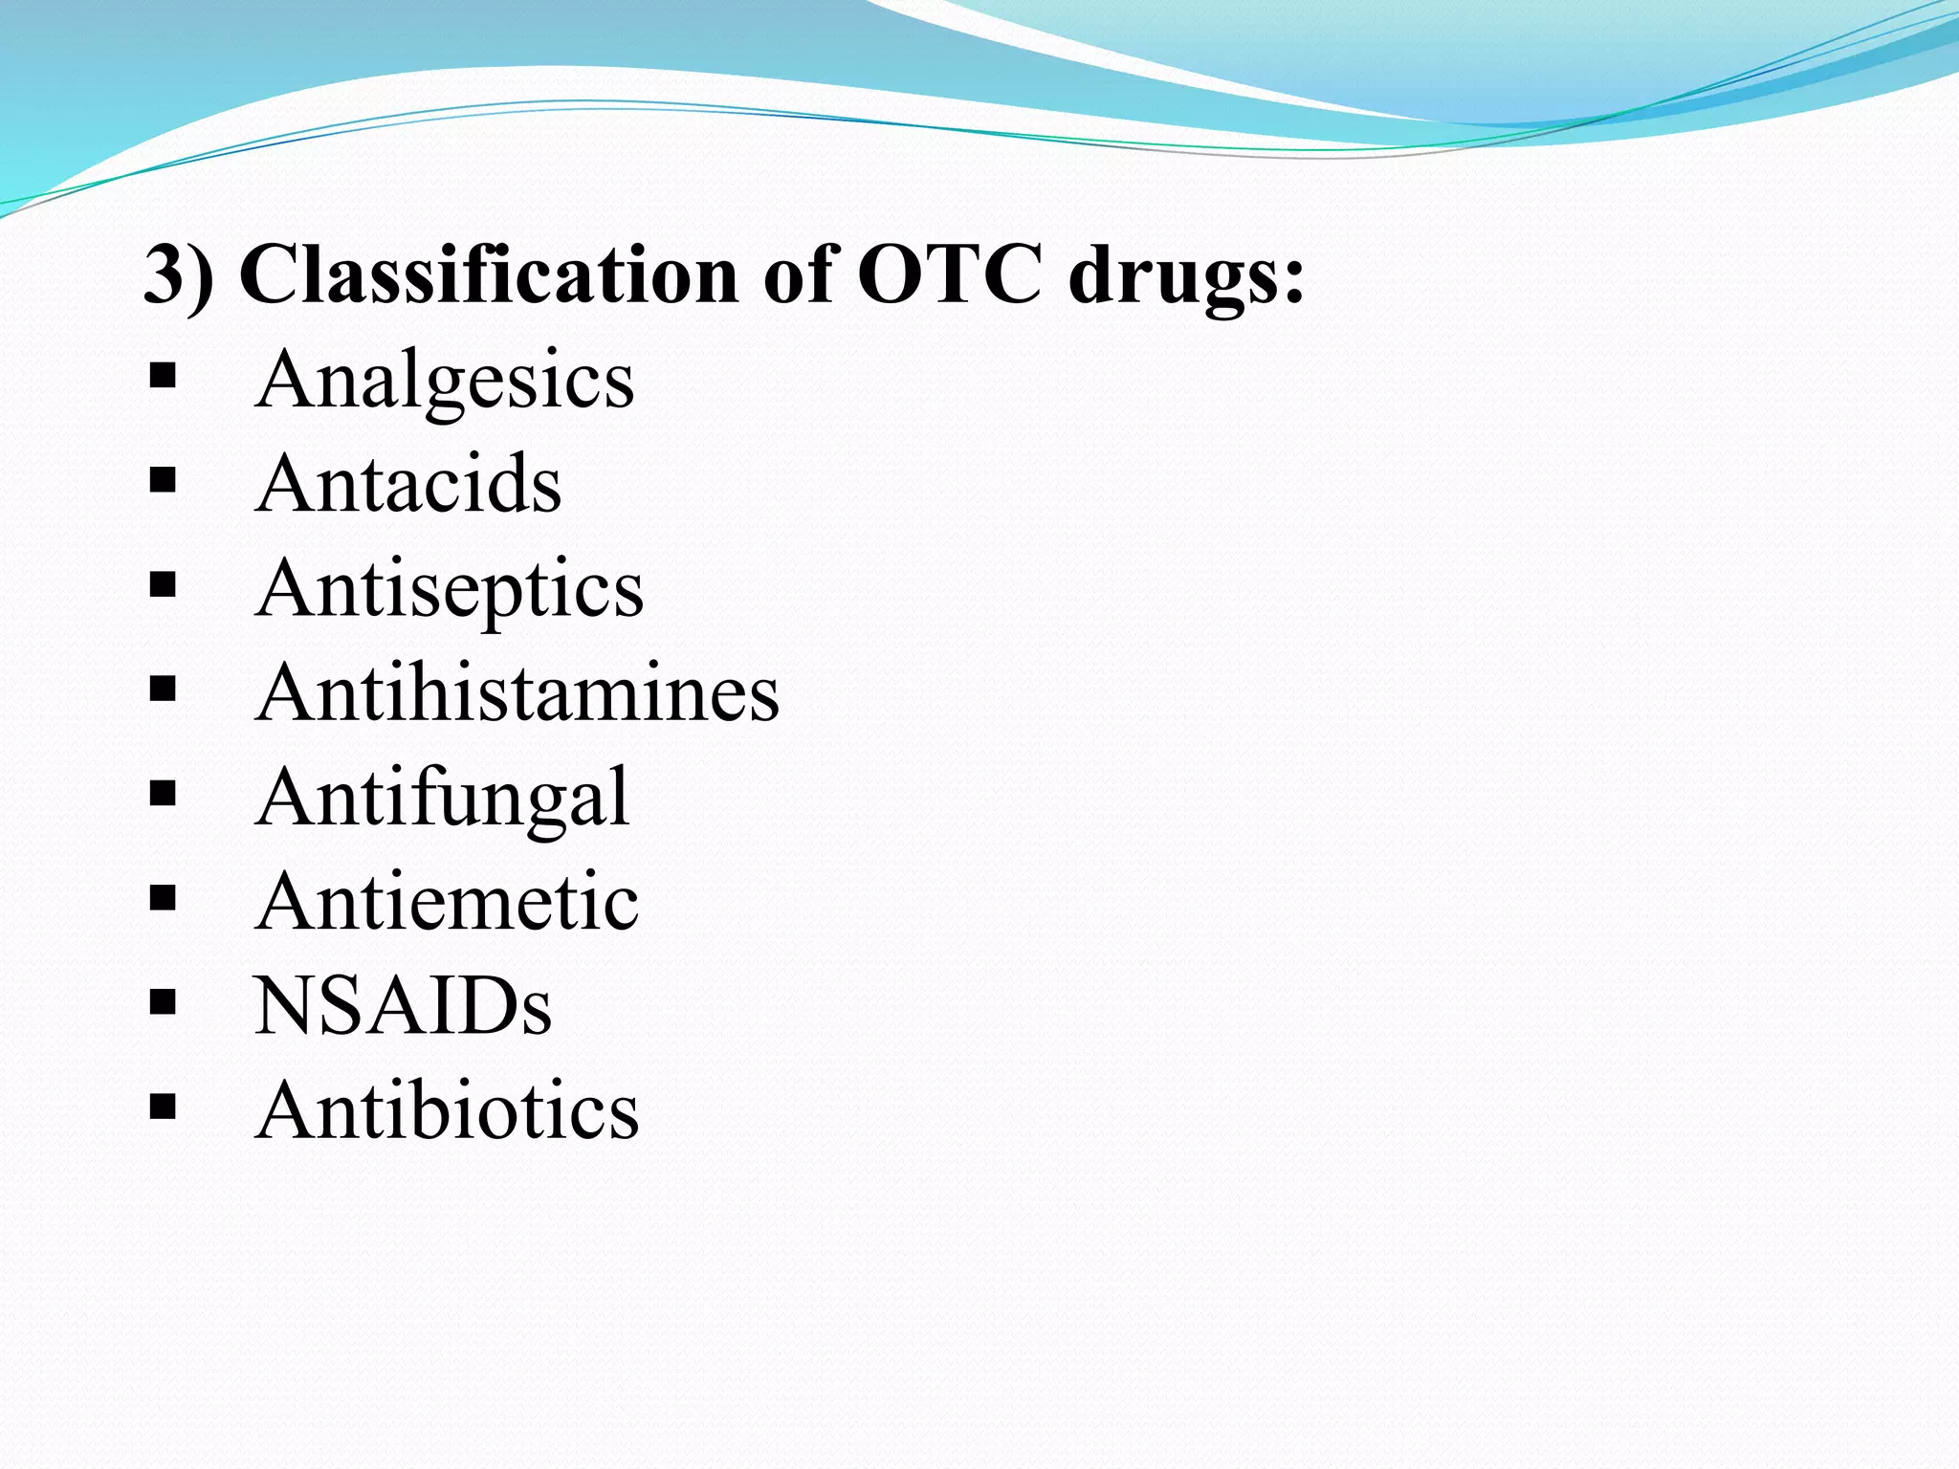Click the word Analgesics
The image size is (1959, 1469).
coord(444,381)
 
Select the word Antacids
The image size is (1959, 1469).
coord(408,484)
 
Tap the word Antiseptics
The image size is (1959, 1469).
coord(450,589)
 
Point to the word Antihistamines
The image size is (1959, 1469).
coord(517,692)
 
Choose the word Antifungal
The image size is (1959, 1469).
coord(442,798)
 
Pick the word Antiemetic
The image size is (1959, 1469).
coord(447,902)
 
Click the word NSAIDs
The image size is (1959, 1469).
coord(403,1006)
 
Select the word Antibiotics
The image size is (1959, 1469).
coord(447,1110)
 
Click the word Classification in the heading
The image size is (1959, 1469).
coord(489,276)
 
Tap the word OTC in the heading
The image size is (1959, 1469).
coord(949,276)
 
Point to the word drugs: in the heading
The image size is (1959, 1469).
coord(1186,276)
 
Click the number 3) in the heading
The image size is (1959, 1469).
coord(179,276)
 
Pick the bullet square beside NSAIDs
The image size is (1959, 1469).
coord(164,1001)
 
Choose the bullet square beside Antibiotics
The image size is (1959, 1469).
coord(164,1107)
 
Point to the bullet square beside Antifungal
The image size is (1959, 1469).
coord(164,793)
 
